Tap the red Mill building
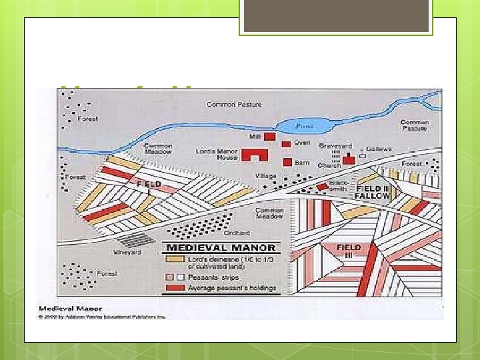pyautogui.click(x=270, y=136)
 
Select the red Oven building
pyautogui.click(x=285, y=143)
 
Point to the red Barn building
pyautogui.click(x=287, y=162)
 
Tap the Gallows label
pyautogui.click(x=379, y=149)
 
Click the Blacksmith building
pyautogui.click(x=322, y=187)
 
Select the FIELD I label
pyautogui.click(x=149, y=183)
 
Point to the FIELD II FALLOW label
pyautogui.click(x=371, y=193)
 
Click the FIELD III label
pyautogui.click(x=348, y=251)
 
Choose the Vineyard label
pyautogui.click(x=127, y=253)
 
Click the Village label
pyautogui.click(x=265, y=176)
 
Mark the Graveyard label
pyautogui.click(x=331, y=145)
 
